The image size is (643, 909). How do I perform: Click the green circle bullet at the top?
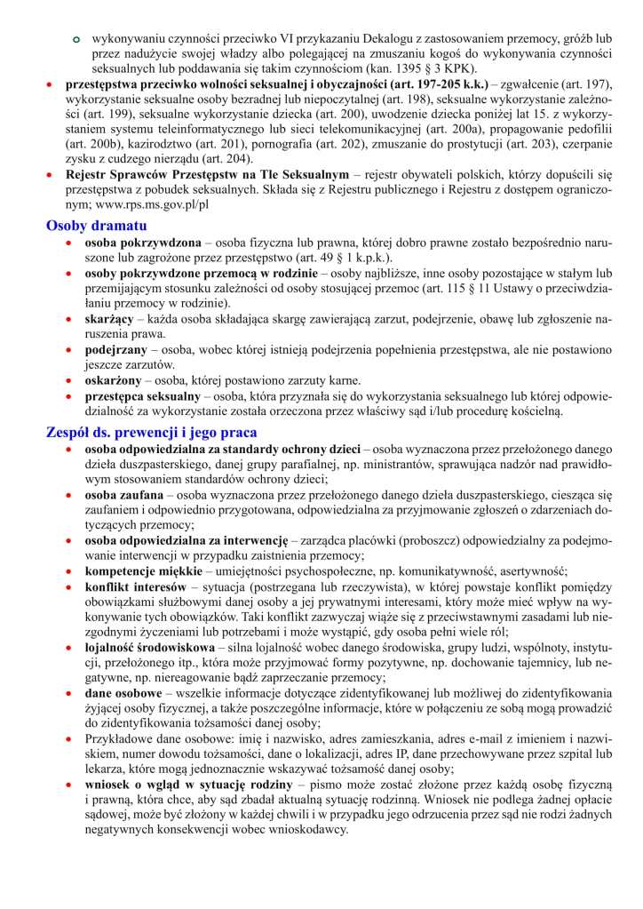coord(76,40)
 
